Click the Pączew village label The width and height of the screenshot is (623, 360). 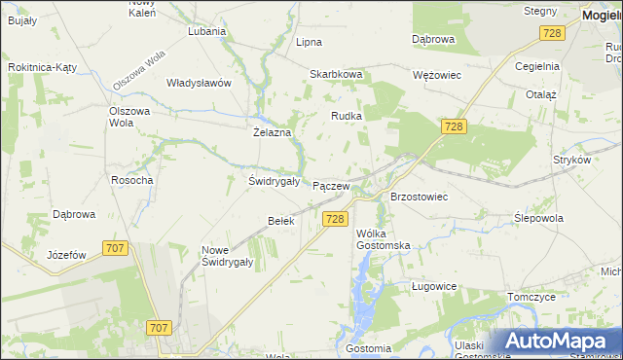[x=331, y=186]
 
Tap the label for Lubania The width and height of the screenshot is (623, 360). [x=206, y=30]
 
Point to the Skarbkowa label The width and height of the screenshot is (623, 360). [x=336, y=74]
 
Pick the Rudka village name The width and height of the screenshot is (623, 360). [x=347, y=116]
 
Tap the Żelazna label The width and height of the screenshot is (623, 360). [x=273, y=132]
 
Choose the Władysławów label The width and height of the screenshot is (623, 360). [x=199, y=83]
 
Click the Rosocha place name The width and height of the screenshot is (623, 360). [x=131, y=180]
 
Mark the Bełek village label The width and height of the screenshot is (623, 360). [x=280, y=221]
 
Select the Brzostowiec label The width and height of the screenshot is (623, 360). [x=419, y=197]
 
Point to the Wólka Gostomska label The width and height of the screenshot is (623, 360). [x=383, y=239]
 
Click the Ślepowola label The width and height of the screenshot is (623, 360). [x=538, y=218]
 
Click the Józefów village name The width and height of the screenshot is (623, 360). [x=67, y=255]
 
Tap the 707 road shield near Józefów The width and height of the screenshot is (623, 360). [x=115, y=248]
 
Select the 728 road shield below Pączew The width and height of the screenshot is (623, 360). [x=335, y=219]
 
